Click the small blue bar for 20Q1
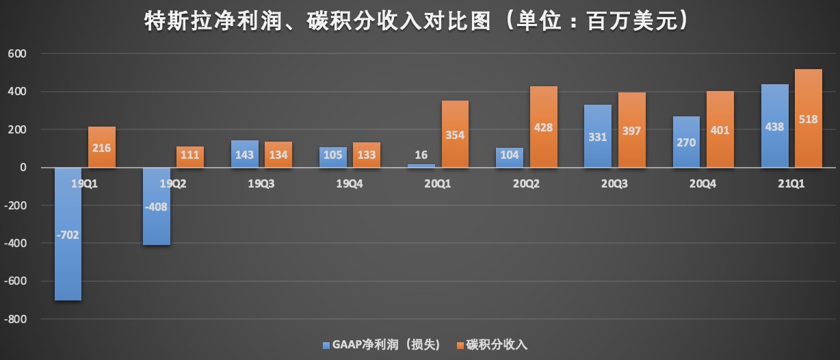click(421, 166)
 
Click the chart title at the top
click(416, 22)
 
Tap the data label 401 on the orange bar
click(720, 130)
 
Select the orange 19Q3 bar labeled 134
click(278, 154)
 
